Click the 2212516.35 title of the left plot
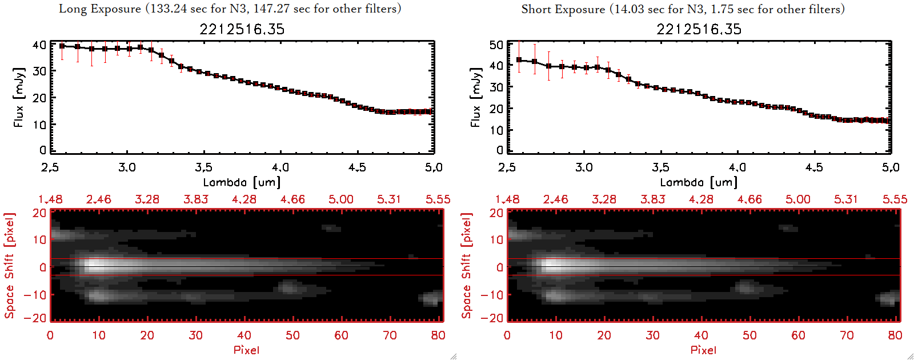242,29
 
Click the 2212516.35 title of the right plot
699,29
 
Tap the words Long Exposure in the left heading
100,9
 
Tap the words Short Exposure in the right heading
563,9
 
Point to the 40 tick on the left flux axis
39,45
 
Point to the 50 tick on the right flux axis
496,45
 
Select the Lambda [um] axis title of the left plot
242,182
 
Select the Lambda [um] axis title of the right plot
699,182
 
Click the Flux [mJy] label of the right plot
475,97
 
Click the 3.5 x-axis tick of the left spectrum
204,167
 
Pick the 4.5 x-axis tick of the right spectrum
814,167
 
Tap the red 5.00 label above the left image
341,199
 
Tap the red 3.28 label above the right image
604,199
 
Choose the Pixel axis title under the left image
246,350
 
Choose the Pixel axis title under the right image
703,350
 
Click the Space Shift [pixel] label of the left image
9,266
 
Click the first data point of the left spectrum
62,46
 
